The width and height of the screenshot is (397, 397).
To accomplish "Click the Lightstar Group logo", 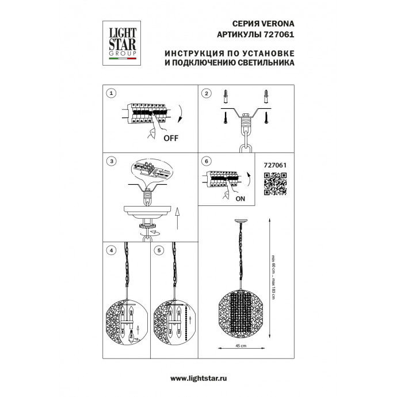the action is click(121, 43).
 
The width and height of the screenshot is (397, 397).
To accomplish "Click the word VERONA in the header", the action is click(277, 24).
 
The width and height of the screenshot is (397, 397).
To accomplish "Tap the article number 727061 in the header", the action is click(279, 34).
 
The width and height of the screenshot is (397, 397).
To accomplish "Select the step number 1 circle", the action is click(111, 93).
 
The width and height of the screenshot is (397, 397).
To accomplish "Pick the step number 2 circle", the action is click(207, 93).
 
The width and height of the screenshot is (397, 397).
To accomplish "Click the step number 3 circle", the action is click(112, 161).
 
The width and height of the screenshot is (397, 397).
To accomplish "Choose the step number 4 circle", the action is click(112, 250).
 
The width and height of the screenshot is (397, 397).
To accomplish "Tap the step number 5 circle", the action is click(159, 250).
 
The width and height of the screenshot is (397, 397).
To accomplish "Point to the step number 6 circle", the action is click(207, 161).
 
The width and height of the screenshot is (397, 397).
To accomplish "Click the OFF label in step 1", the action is click(171, 138).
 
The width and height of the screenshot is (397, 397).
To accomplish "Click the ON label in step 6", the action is click(241, 199).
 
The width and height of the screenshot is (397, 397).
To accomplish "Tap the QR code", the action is click(275, 184).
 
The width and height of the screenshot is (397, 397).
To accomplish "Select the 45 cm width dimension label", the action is click(241, 346).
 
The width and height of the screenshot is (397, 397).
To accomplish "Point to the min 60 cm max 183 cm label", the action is click(273, 277).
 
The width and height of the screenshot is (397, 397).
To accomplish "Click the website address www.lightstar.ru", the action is click(199, 379).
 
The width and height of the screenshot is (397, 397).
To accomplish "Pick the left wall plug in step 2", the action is click(226, 96).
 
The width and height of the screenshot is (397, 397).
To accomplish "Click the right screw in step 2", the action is click(266, 118).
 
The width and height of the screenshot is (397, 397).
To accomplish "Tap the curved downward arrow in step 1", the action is click(181, 113).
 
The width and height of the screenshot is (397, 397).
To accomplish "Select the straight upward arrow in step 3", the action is click(177, 218).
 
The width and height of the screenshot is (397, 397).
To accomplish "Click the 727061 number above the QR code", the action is click(275, 165).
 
